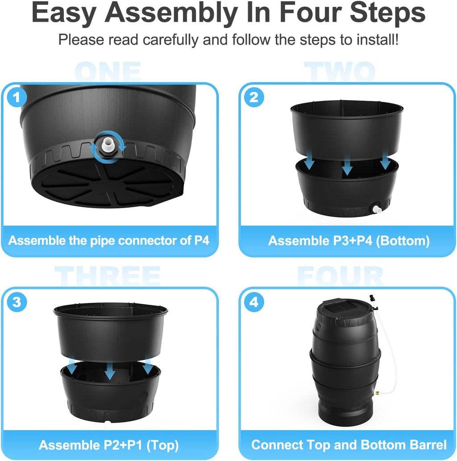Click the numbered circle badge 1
[x=17, y=97]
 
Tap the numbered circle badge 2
[x=254, y=97]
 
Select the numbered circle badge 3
[x=17, y=302]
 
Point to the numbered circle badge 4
[x=254, y=302]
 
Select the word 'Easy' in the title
[x=64, y=14]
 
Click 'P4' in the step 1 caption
[x=202, y=240]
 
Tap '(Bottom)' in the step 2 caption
[x=403, y=241]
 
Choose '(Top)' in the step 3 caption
[x=162, y=446]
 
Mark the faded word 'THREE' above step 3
[x=108, y=276]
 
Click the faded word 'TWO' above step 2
[x=340, y=71]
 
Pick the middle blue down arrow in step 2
[x=347, y=165]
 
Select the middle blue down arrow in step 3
[x=110, y=370]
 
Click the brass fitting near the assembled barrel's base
[x=377, y=393]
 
